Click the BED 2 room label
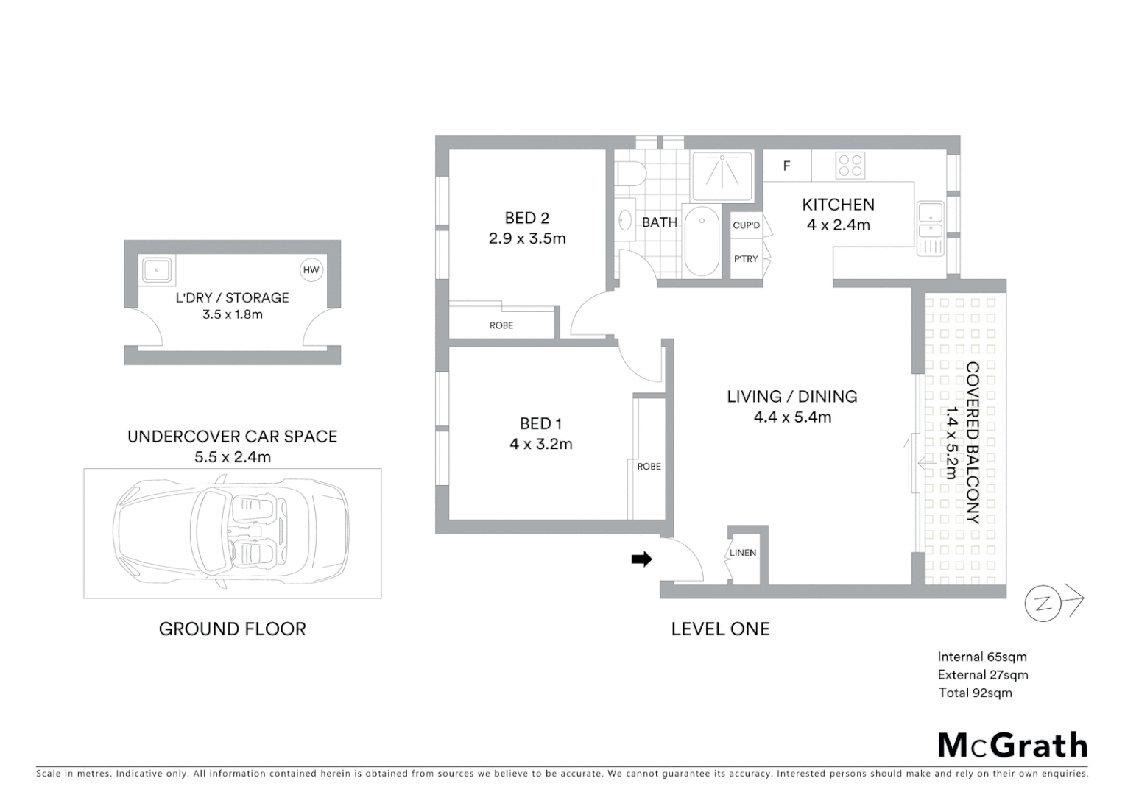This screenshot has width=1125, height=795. pyautogui.click(x=526, y=218)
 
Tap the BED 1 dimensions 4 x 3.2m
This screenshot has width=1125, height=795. pyautogui.click(x=540, y=444)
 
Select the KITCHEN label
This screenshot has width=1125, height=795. pyautogui.click(x=838, y=205)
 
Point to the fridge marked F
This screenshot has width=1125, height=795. pyautogui.click(x=786, y=166)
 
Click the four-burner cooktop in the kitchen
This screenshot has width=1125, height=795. pyautogui.click(x=850, y=166)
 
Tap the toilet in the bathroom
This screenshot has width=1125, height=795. pyautogui.click(x=631, y=174)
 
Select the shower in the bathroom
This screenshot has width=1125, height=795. pyautogui.click(x=722, y=175)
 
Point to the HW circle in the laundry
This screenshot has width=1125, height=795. pyautogui.click(x=311, y=270)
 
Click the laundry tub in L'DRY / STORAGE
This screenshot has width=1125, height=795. pyautogui.click(x=157, y=270)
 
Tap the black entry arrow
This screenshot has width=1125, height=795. pyautogui.click(x=641, y=559)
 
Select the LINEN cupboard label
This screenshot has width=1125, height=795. pyautogui.click(x=743, y=553)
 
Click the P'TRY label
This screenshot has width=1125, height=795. pyautogui.click(x=746, y=259)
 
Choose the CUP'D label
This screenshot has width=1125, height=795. pyautogui.click(x=746, y=225)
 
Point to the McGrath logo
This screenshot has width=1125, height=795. pyautogui.click(x=1012, y=746)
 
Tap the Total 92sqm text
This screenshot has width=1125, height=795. pyautogui.click(x=975, y=693)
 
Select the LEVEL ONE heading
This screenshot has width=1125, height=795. pyautogui.click(x=720, y=629)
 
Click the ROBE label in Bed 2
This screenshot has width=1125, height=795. pyautogui.click(x=501, y=325)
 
